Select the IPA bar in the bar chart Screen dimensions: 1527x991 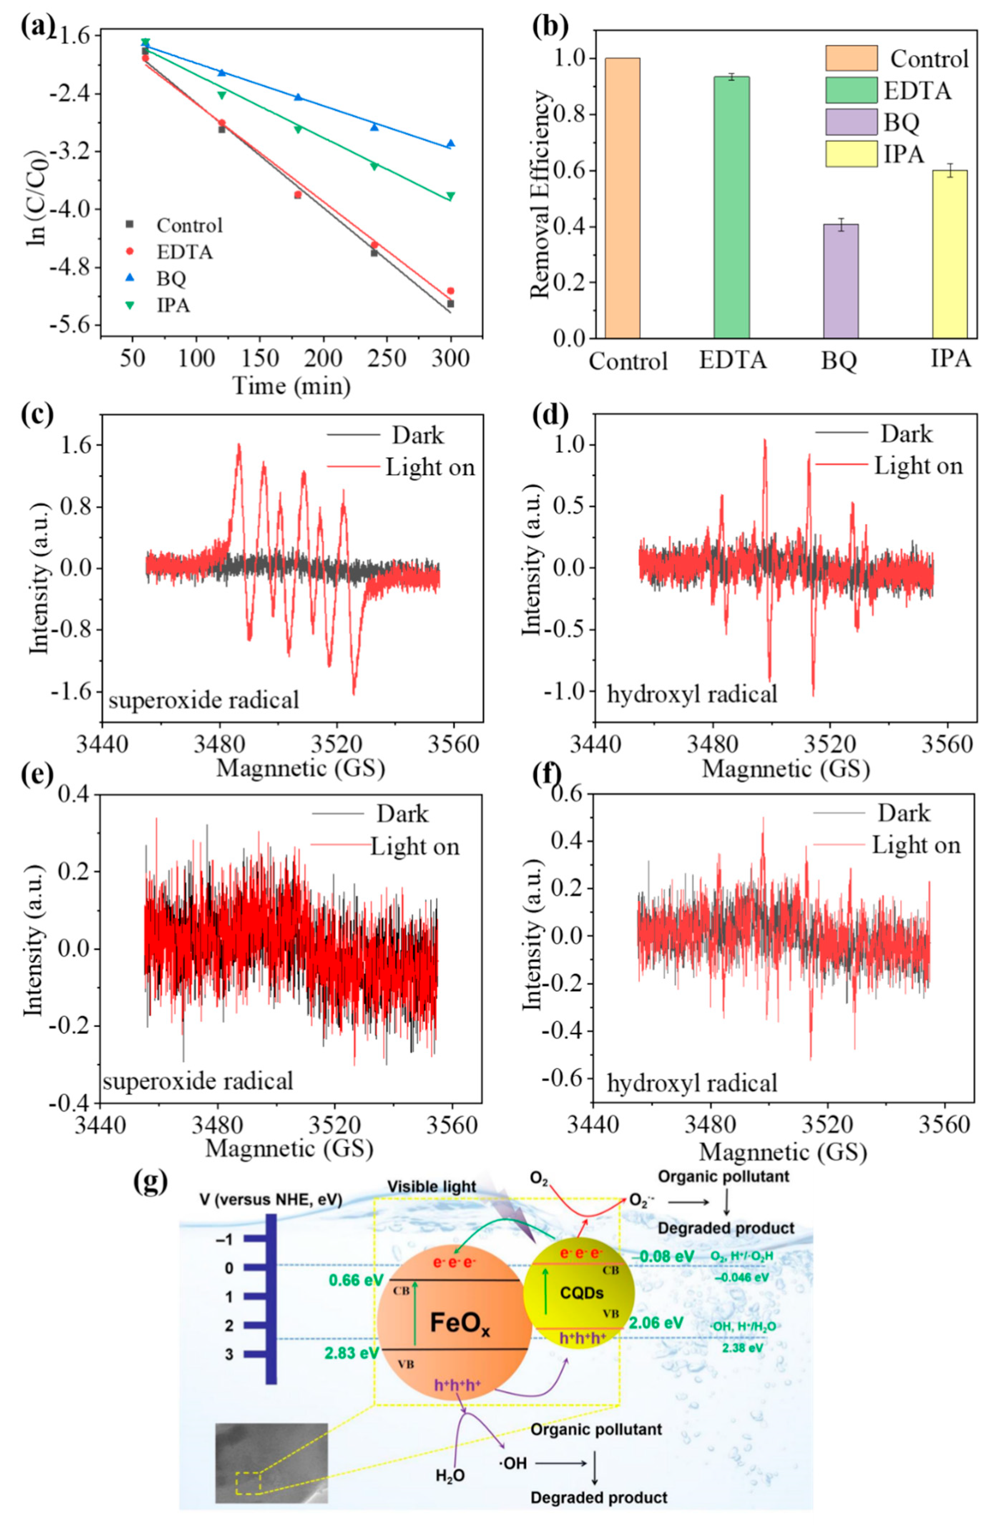949,253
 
